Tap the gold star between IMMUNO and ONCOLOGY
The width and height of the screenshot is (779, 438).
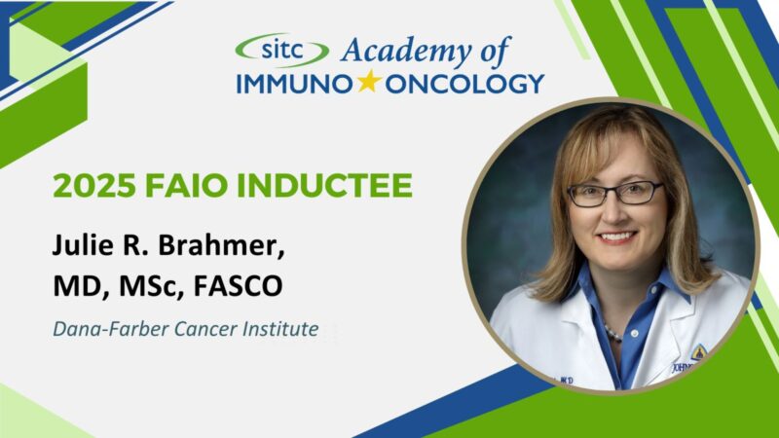coord(368,83)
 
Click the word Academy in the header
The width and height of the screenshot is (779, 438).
coord(389,49)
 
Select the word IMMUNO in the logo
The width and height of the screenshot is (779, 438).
coord(294,84)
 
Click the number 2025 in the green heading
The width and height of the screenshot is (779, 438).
coord(87,185)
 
